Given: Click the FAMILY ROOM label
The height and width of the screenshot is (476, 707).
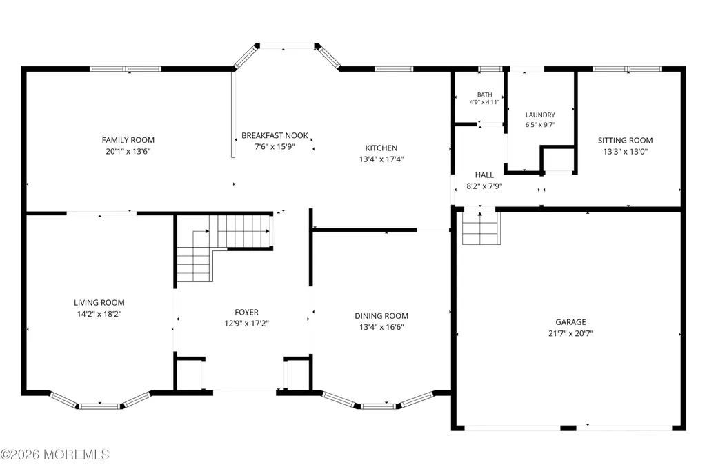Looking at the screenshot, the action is (128, 140).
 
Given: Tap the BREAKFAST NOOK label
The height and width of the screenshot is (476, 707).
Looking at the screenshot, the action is (275, 135).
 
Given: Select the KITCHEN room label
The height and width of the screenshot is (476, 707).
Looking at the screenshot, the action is (381, 148).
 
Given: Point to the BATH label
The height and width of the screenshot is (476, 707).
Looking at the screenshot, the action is (485, 95).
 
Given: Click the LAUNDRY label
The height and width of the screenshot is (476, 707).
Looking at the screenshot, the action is (540, 115).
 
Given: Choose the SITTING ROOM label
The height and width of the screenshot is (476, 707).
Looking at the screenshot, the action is (626, 140).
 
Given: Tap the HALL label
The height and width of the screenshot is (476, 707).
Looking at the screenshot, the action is (484, 175).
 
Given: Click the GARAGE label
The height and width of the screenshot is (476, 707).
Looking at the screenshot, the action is (571, 322).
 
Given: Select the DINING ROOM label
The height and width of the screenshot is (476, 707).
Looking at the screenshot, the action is (381, 315).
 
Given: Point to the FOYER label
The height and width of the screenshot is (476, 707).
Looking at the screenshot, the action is (247, 312).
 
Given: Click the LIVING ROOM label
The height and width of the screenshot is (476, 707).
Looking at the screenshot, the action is (99, 302).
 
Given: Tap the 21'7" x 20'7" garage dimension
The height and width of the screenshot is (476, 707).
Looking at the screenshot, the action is (571, 334).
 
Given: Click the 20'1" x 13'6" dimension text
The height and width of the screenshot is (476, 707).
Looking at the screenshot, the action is (128, 152).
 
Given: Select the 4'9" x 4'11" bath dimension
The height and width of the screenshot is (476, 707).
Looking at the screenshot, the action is (485, 102).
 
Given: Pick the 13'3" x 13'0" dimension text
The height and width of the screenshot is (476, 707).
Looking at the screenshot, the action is (626, 152).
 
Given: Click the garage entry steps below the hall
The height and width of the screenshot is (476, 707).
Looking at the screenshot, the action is (481, 228).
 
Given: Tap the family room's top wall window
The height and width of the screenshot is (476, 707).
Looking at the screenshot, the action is (126, 69).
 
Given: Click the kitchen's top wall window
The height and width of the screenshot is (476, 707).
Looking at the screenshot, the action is (394, 69).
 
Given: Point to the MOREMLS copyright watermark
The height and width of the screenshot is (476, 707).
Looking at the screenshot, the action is (54, 455).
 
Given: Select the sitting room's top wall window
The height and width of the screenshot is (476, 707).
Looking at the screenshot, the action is (627, 69).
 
